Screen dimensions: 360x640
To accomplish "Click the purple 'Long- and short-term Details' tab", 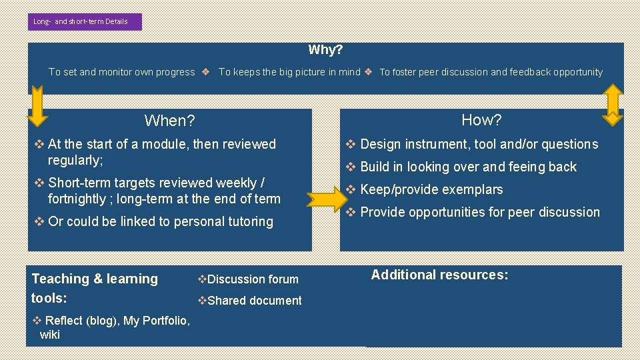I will coord(85,21).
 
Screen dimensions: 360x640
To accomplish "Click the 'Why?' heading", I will coord(325,50).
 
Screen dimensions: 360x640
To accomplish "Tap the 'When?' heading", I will coord(169,121).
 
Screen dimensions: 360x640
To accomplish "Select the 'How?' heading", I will coord(481,120).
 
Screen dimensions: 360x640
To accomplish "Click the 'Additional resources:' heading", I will coord(439,275).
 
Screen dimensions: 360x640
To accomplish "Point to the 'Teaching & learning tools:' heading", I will coord(95,287).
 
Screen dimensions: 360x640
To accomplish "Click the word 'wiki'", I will coord(50,335).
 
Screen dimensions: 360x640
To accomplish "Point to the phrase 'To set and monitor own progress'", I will coord(121,72).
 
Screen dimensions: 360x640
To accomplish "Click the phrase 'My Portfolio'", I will coord(156,321).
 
